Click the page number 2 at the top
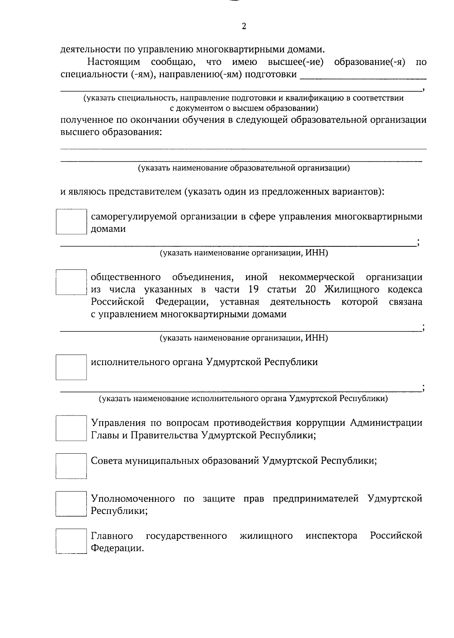click(244, 26)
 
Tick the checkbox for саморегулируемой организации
click(71, 222)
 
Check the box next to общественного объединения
click(71, 282)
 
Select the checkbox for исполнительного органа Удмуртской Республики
click(71, 367)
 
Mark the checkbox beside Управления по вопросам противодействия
click(71, 428)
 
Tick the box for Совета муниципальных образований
click(71, 466)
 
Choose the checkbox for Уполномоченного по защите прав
click(71, 504)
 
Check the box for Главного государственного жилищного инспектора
click(71, 541)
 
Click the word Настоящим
click(113, 62)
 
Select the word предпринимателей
click(316, 498)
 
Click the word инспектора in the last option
click(331, 536)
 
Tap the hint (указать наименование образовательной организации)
click(244, 168)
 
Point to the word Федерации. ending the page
click(117, 548)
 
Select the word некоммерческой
click(317, 277)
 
